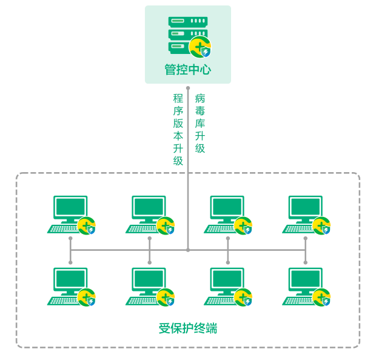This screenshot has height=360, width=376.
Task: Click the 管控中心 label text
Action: click(x=188, y=70)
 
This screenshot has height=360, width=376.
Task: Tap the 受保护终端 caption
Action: click(x=188, y=328)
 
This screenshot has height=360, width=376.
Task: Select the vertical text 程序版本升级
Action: click(x=178, y=130)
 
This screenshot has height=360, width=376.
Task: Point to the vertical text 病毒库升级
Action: click(x=200, y=123)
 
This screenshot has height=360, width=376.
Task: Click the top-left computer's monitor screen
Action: click(x=70, y=207)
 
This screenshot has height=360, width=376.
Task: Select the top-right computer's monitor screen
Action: click(x=305, y=207)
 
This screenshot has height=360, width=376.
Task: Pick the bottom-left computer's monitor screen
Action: click(x=70, y=279)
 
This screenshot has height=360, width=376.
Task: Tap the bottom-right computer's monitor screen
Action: click(x=305, y=279)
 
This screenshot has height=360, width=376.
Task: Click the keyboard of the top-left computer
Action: click(x=63, y=229)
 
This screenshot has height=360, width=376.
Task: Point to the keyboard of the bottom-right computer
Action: click(x=298, y=301)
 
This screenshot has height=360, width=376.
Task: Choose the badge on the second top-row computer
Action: click(x=165, y=226)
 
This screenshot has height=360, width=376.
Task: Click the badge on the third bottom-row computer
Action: click(x=243, y=298)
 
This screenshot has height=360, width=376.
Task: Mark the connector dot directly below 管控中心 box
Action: click(x=188, y=88)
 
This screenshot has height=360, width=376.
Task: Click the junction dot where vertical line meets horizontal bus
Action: click(x=188, y=250)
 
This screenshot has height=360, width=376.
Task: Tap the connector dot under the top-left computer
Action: click(x=70, y=238)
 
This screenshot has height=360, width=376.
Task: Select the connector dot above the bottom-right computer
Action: click(x=305, y=262)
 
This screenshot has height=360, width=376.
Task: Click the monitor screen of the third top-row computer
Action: click(x=227, y=207)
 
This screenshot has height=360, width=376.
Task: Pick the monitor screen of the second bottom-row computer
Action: click(x=149, y=279)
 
